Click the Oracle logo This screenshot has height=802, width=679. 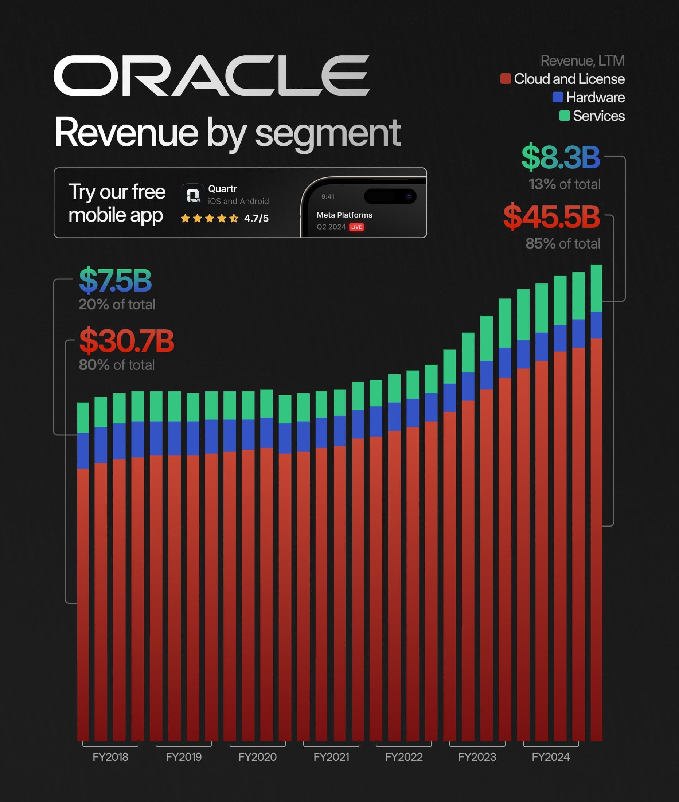(x=211, y=75)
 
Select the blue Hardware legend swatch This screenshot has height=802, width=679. (x=557, y=97)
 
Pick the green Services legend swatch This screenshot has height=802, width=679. (x=564, y=116)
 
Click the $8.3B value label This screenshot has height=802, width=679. (x=561, y=157)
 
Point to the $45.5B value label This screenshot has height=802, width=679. (x=551, y=217)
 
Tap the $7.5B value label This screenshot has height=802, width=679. (x=115, y=280)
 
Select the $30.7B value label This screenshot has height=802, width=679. (x=126, y=341)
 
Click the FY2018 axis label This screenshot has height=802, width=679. (x=110, y=757)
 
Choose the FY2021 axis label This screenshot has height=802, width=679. (x=331, y=757)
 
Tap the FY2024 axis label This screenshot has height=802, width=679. (x=551, y=757)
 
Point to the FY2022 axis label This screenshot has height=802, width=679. (x=404, y=757)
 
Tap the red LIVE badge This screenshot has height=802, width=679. (x=356, y=227)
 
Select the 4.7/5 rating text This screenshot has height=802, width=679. (x=256, y=218)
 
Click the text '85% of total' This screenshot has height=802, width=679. (x=563, y=244)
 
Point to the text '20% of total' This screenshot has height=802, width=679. (x=117, y=304)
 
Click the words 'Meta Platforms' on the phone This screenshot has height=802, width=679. (x=344, y=215)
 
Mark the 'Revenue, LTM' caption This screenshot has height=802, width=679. (x=582, y=61)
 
